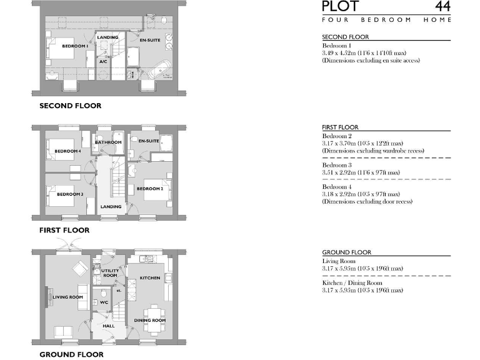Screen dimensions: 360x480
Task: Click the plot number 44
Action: (x=442, y=7)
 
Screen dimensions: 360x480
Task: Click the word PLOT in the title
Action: (x=341, y=7)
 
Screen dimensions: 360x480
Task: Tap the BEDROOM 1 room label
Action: (x=74, y=46)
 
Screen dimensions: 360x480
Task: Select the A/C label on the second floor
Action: (x=104, y=62)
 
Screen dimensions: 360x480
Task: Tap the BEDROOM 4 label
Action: (x=67, y=151)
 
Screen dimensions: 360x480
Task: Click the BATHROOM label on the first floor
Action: (x=108, y=142)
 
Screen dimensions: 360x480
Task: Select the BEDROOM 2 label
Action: (x=150, y=189)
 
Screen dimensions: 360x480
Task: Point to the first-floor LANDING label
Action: (x=111, y=207)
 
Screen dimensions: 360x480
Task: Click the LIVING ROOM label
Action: (x=68, y=297)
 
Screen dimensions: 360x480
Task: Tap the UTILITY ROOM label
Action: (x=110, y=273)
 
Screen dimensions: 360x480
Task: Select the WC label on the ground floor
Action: (x=104, y=302)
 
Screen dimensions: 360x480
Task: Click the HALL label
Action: (x=108, y=326)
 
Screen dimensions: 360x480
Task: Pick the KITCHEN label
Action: (x=149, y=277)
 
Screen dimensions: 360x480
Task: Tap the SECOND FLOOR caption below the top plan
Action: (x=70, y=106)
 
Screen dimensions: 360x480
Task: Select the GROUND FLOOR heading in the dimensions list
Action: (x=346, y=252)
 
